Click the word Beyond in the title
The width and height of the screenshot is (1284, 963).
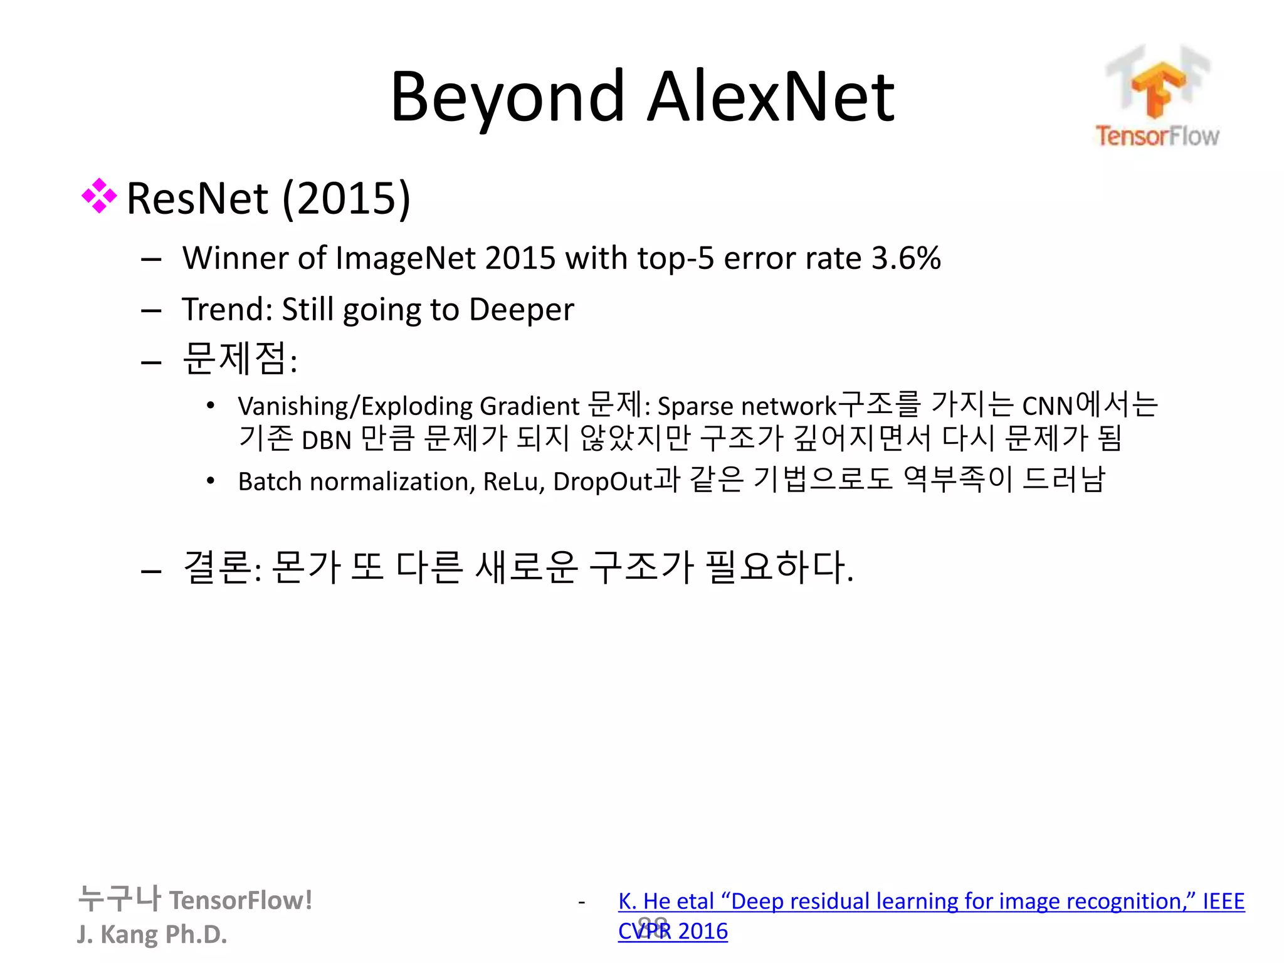point(507,97)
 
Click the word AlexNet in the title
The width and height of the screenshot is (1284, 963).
point(770,97)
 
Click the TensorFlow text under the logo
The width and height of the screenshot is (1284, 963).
point(1157,136)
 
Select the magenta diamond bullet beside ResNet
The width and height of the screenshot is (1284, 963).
point(99,196)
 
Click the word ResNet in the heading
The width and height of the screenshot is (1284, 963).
point(197,198)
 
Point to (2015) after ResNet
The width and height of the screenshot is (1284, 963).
point(346,198)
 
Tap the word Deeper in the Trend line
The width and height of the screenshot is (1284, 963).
point(521,309)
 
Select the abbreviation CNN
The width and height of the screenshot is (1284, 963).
point(1048,406)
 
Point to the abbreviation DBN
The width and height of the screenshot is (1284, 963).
point(326,440)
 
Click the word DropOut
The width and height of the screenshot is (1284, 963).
point(603,481)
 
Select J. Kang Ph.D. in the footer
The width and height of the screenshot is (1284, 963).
point(152,934)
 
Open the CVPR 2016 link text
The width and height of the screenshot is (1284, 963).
point(673,931)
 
